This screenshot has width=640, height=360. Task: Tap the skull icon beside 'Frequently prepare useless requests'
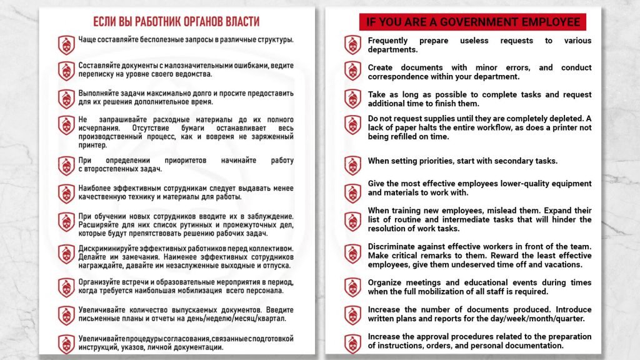point(352,44)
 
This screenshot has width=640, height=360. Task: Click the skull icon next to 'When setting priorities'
point(352,165)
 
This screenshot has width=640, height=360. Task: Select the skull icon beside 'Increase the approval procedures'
point(352,343)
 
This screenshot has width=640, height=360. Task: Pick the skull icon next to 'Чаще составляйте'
point(66,44)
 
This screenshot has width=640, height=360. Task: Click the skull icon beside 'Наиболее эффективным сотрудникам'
point(66,193)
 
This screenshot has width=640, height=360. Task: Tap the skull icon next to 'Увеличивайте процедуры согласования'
point(66,343)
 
